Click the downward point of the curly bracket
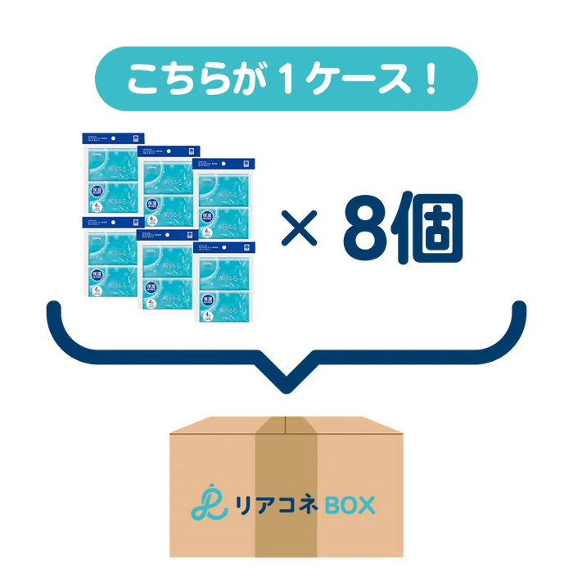point(286,385)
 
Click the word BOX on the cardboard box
point(344,504)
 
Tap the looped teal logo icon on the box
point(205,503)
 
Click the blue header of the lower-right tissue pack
point(223,246)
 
